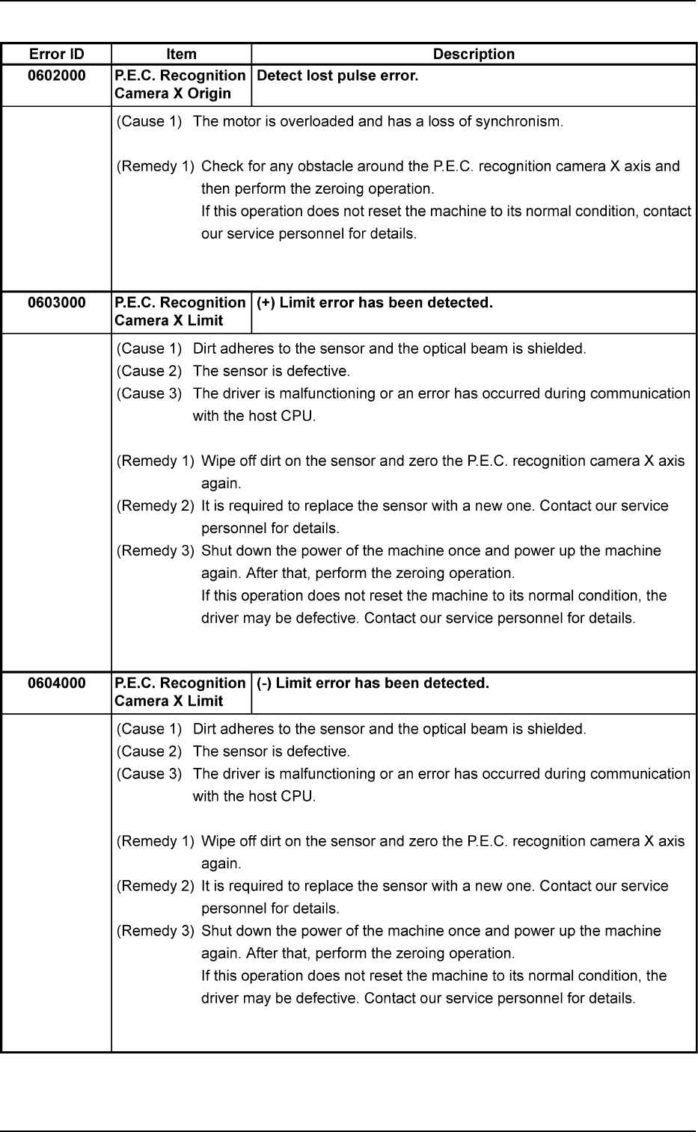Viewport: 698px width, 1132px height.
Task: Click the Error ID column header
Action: (x=56, y=54)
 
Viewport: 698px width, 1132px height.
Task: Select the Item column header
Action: (x=181, y=54)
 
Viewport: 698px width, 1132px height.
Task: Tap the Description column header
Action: (x=474, y=54)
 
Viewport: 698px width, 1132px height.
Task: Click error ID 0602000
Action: (x=56, y=76)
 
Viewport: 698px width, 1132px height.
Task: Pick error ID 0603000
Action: (x=56, y=303)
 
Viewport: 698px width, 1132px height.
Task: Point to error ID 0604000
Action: (x=56, y=683)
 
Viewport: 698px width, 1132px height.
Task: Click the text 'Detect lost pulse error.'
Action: (x=337, y=76)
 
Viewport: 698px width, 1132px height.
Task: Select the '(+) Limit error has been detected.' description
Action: (x=374, y=303)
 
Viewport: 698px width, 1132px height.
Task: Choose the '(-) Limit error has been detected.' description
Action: (x=373, y=683)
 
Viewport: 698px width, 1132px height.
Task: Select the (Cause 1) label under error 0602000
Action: (x=150, y=121)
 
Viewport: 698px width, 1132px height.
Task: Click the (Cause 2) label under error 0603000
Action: (x=150, y=371)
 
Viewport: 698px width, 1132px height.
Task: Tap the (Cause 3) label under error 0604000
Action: (x=150, y=773)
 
